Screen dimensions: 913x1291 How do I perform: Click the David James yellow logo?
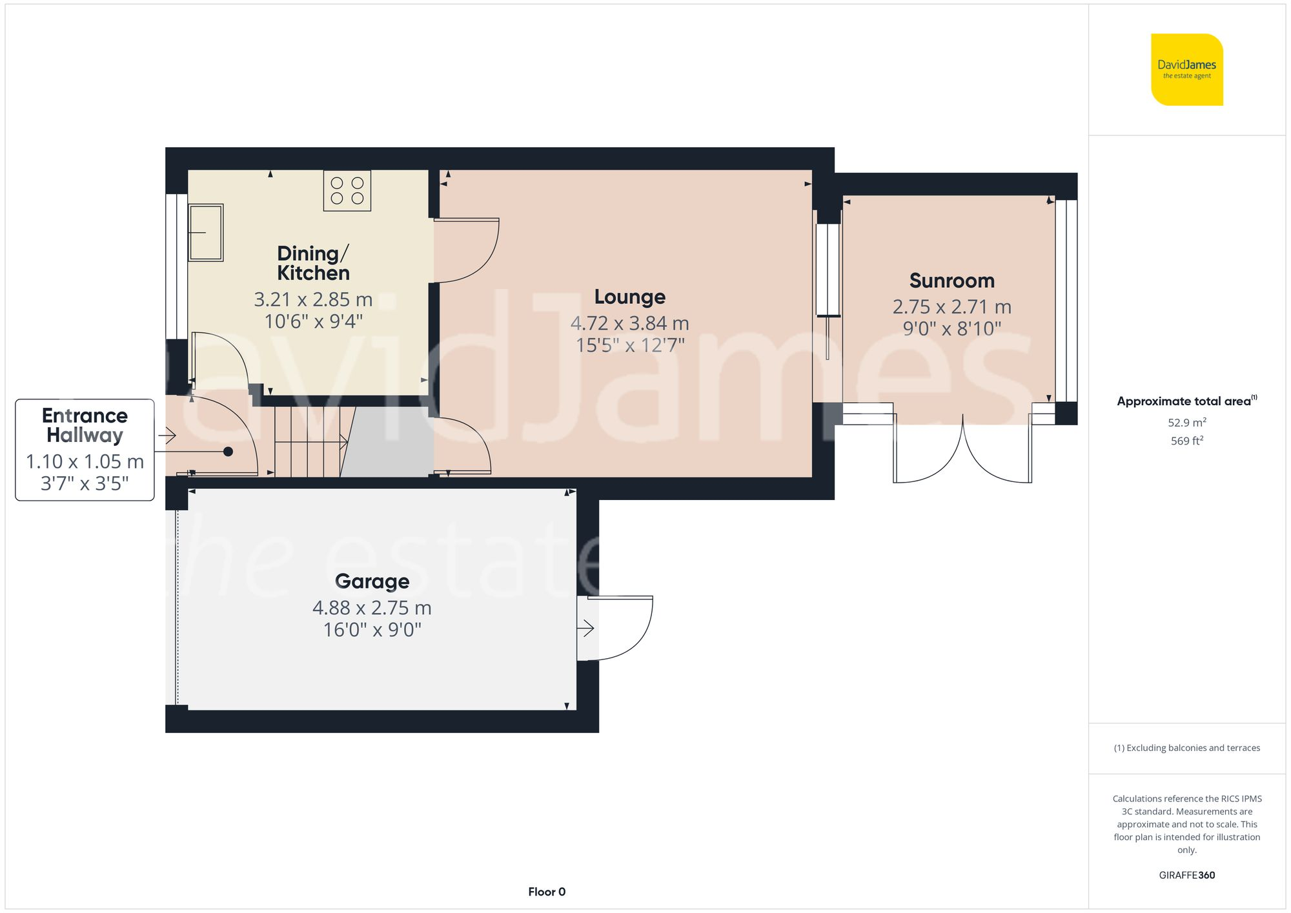[x=1186, y=70]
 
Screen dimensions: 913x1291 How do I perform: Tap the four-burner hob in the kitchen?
[x=347, y=190]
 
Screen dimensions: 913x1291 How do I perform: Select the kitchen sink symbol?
[x=205, y=233]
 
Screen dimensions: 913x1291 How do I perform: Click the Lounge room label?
[x=629, y=297]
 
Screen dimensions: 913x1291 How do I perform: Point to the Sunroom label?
[x=951, y=281]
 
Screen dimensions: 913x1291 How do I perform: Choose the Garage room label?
[x=372, y=581]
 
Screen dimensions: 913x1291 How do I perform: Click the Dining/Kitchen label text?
[x=313, y=263]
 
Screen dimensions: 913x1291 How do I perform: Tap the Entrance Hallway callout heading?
[x=85, y=425]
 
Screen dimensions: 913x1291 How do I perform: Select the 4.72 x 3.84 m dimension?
[x=629, y=323]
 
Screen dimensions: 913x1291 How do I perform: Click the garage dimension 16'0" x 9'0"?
[x=372, y=630]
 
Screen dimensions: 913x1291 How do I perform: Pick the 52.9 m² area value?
[x=1186, y=423]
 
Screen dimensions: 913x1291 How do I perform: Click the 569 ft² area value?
[x=1186, y=441]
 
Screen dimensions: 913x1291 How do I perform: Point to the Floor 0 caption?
[x=546, y=892]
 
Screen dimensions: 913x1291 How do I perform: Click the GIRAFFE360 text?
[x=1186, y=876]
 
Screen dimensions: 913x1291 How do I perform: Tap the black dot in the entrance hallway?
[x=228, y=452]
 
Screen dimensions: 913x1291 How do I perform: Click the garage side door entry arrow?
[x=585, y=628]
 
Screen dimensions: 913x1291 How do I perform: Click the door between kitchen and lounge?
[x=466, y=250]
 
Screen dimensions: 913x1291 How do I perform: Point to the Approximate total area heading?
[x=1186, y=401]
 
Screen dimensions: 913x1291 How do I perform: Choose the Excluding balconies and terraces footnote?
[x=1186, y=748]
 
